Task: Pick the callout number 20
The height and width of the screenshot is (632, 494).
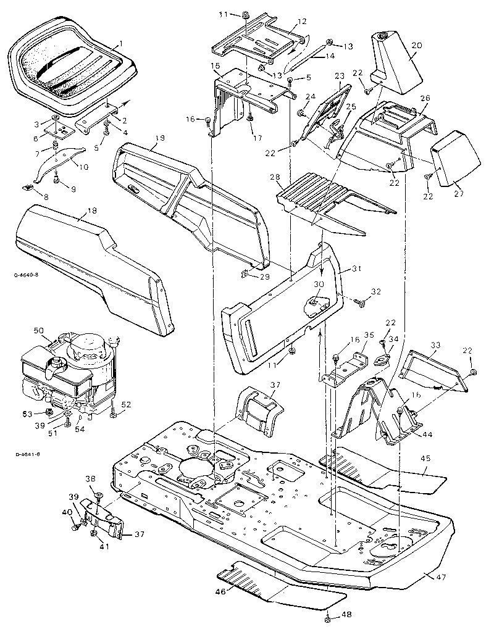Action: [x=416, y=45]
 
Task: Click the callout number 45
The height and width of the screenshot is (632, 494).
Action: [x=425, y=458]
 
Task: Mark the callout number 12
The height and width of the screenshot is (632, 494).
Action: [x=301, y=21]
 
